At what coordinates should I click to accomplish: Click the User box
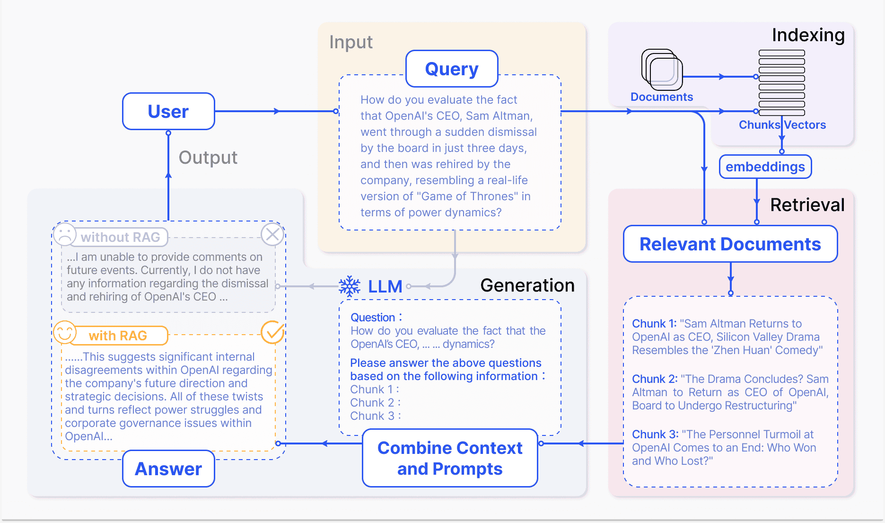168,112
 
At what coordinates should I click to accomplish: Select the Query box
452,69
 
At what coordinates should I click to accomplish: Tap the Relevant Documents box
730,244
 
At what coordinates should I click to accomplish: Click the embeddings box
765,167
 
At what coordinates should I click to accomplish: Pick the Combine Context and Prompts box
450,458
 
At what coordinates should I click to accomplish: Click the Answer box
168,469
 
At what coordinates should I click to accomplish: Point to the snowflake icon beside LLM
350,286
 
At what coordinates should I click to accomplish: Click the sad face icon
65,234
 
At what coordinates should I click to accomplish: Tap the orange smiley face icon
65,332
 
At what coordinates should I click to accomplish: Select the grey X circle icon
272,234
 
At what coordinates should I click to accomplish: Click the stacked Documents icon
662,70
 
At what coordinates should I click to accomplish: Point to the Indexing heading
808,35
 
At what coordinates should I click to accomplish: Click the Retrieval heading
807,205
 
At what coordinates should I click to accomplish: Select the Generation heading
527,285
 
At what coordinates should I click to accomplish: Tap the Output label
208,158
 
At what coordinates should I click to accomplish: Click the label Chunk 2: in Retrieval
655,379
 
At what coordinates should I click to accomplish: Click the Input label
351,42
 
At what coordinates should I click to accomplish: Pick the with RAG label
118,336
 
